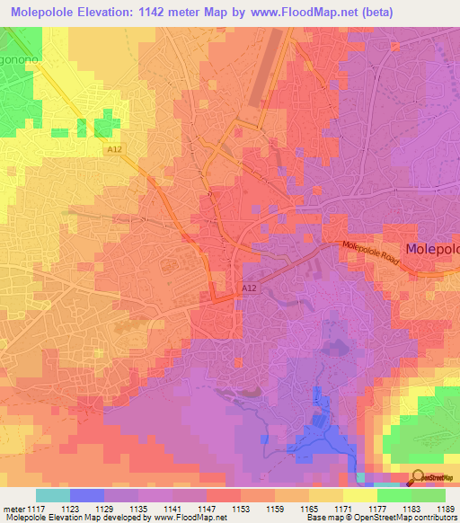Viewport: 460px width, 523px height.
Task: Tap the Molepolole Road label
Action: [367, 256]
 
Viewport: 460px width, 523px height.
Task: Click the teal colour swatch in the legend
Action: [53, 495]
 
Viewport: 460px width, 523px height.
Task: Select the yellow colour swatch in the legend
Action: [359, 495]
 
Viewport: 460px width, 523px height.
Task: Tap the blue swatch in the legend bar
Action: [87, 495]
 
